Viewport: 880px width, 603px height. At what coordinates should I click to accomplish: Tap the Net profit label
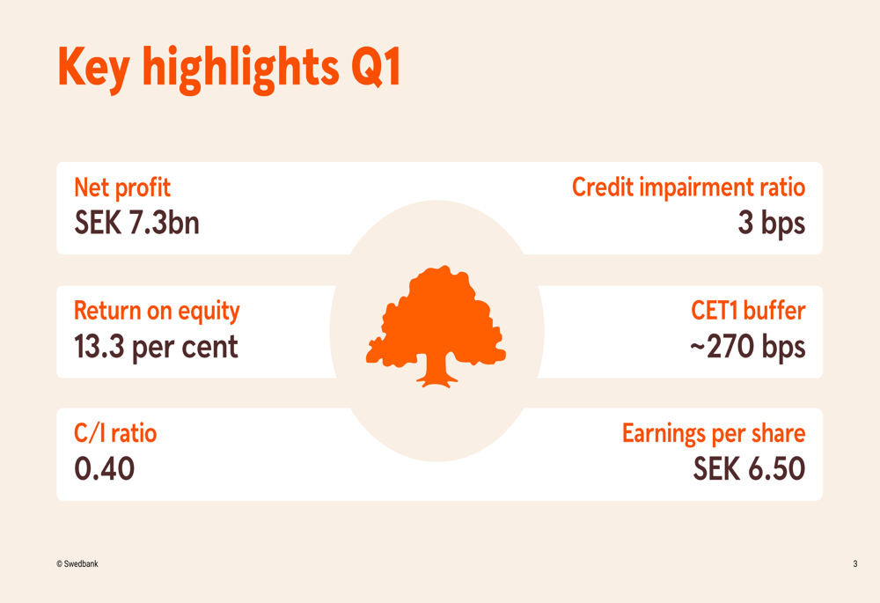pos(122,188)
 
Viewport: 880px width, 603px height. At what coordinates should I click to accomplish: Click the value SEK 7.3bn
pos(136,223)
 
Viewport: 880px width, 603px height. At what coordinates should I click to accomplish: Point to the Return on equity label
pos(157,311)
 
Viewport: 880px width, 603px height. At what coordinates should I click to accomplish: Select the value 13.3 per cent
pos(156,346)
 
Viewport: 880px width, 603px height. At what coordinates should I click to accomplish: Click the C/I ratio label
pos(115,433)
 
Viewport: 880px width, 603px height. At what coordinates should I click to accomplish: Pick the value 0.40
pos(105,468)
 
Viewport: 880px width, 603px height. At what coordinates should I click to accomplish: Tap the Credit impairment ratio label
pos(688,188)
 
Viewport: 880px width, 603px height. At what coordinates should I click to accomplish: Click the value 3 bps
pos(771,223)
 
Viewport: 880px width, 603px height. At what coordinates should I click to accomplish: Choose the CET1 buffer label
pos(747,311)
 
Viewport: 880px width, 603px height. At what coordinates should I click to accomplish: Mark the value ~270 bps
pos(746,346)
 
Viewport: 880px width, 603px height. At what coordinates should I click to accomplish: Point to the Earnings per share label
pos(713,433)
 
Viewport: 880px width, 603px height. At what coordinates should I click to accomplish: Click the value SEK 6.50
pos(749,468)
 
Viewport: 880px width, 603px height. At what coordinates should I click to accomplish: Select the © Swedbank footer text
pos(77,563)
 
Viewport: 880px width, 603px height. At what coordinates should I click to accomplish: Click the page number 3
pos(854,563)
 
